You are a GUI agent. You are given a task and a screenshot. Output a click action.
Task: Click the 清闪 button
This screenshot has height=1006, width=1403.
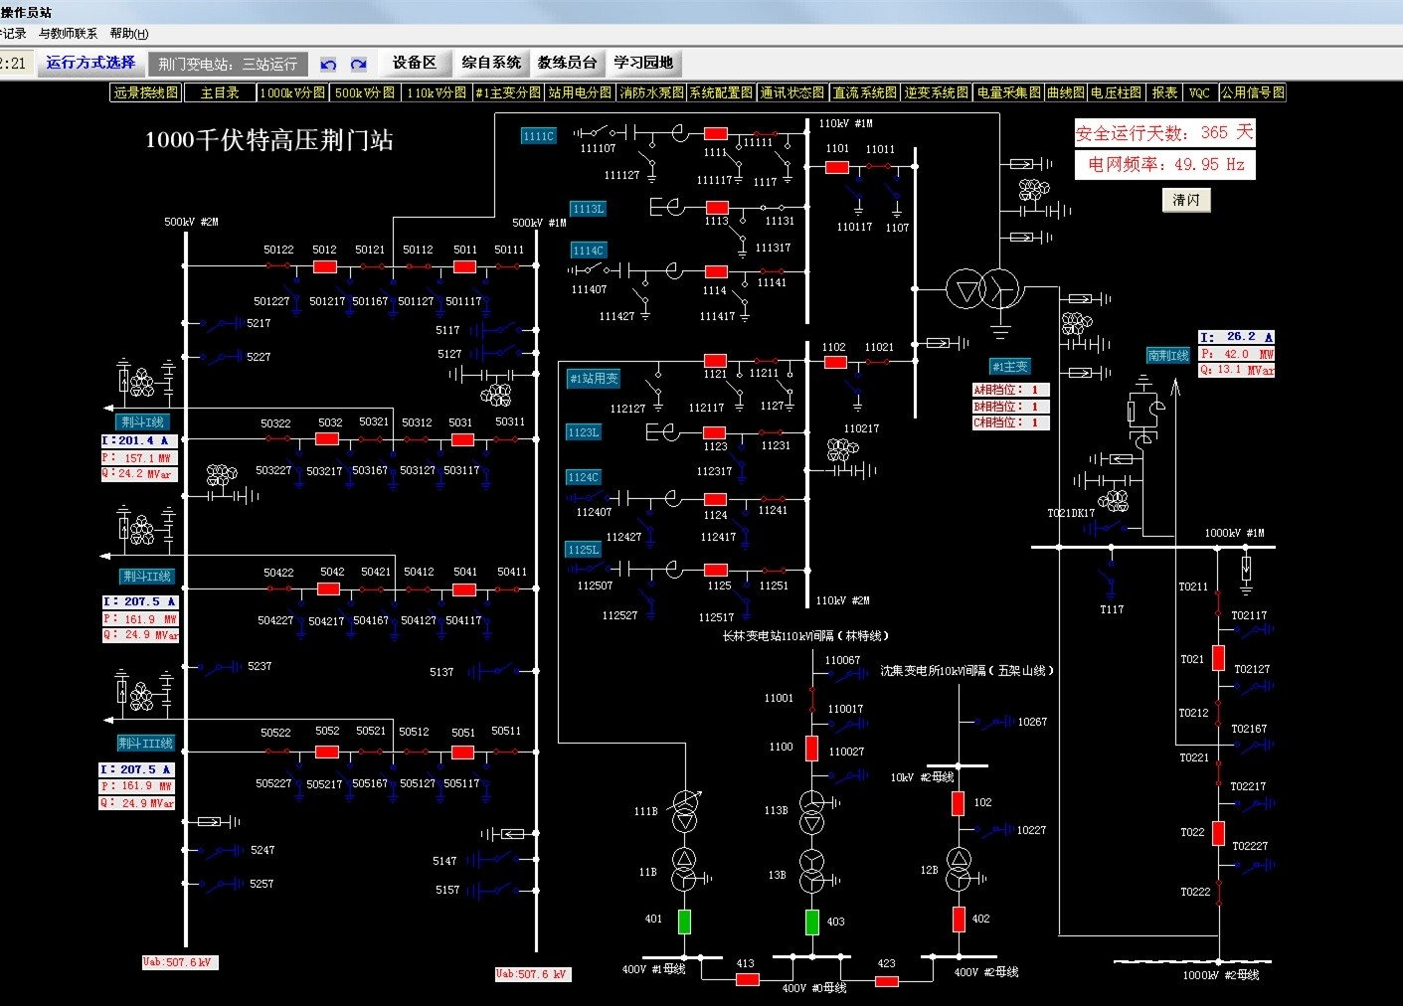[1185, 200]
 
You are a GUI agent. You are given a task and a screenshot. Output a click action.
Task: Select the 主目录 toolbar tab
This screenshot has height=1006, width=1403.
[220, 92]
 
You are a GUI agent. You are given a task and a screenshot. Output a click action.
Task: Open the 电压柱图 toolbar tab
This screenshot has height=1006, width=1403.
[1116, 92]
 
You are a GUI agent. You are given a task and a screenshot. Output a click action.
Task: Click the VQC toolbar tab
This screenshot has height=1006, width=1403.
[1199, 92]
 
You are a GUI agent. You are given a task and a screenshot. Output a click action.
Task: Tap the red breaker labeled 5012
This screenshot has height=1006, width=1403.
[324, 266]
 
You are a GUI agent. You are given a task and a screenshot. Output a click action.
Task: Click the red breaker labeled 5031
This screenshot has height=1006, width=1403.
[461, 438]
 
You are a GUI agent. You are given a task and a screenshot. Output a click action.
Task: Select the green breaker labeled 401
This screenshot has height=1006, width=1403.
[684, 922]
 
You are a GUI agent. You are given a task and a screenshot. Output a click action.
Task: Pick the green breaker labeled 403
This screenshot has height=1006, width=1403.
[811, 922]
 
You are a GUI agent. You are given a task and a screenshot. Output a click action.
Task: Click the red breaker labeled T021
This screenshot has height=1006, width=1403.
[1218, 657]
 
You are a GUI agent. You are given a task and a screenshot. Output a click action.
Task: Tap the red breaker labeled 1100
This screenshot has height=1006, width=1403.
[811, 748]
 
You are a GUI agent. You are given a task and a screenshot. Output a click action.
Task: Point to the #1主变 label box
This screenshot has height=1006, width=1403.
[1010, 367]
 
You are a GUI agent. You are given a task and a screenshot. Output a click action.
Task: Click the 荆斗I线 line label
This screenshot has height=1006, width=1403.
[142, 421]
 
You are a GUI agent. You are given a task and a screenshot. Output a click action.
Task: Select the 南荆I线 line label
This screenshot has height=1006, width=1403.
[1168, 355]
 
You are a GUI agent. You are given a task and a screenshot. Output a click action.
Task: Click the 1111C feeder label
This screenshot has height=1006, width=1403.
[538, 136]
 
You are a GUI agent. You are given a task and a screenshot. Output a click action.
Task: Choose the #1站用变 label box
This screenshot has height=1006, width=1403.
[594, 379]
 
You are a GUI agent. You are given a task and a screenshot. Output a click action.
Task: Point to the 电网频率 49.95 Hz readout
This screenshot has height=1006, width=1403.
[1164, 164]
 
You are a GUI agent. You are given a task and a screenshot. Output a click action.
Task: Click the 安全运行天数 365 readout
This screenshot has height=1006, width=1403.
[1164, 132]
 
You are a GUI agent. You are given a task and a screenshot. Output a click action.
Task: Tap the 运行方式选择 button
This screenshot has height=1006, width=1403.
[90, 63]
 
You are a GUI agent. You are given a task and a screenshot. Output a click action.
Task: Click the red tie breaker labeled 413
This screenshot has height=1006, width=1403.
[747, 979]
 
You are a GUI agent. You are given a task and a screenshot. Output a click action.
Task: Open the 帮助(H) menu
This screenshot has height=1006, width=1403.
[128, 34]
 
